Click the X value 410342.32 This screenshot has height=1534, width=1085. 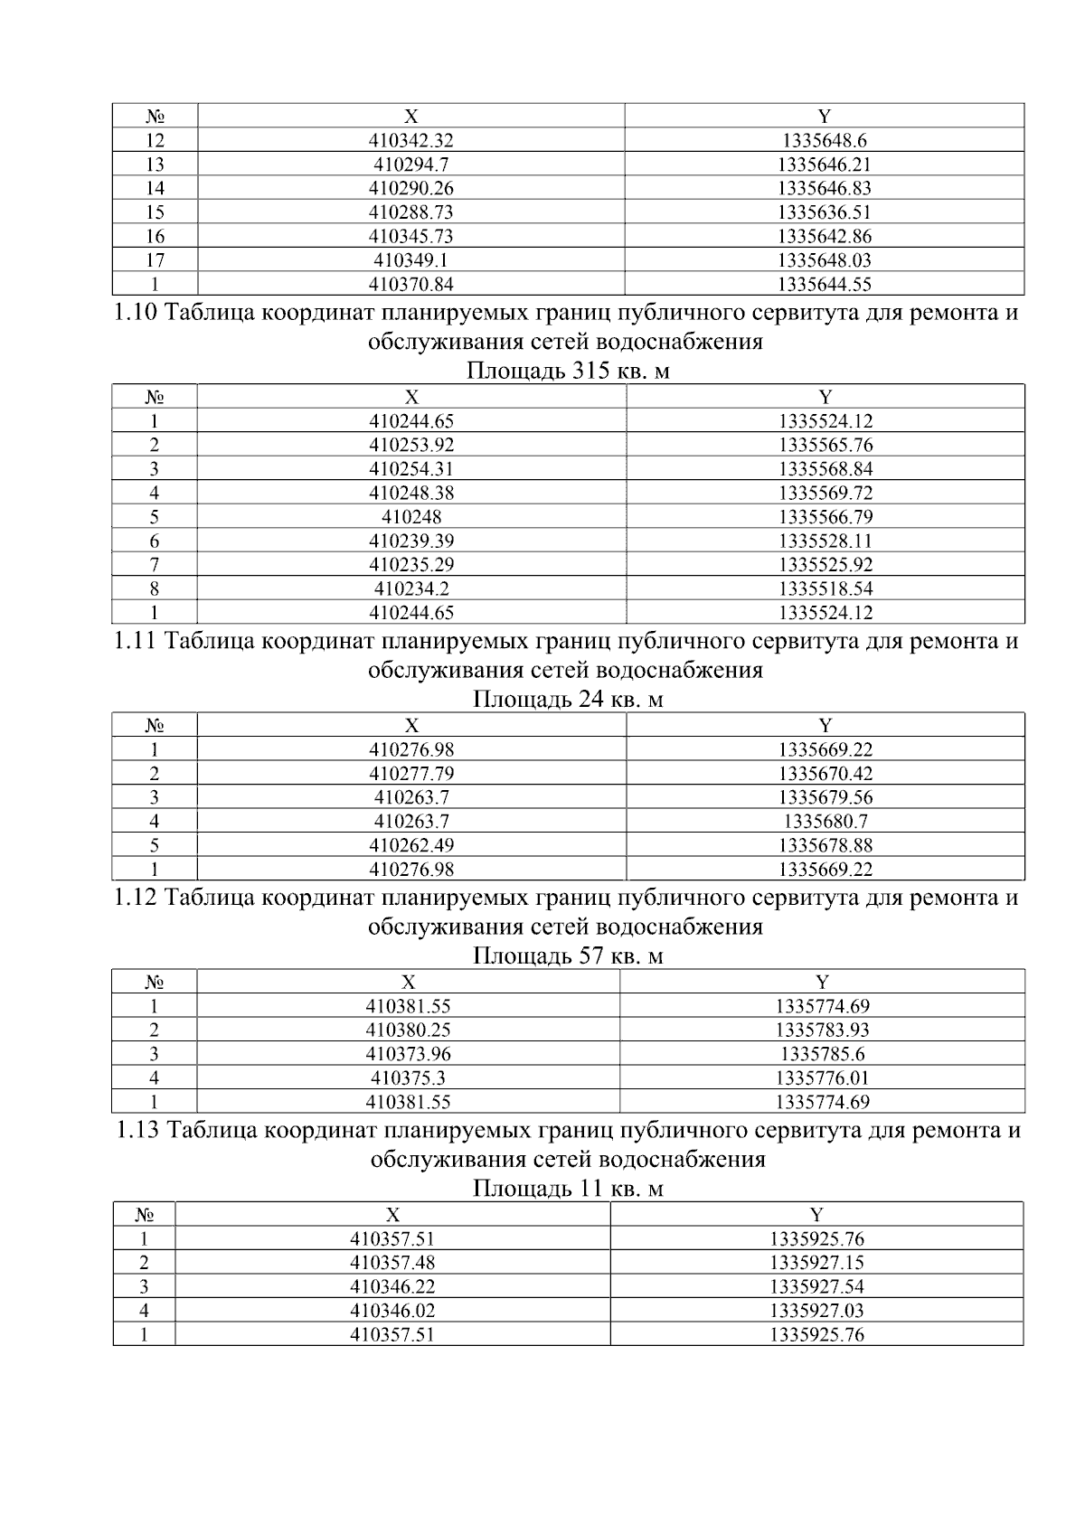pos(410,140)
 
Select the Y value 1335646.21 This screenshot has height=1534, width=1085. pos(824,165)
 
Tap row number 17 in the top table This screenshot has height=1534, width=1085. pos(155,260)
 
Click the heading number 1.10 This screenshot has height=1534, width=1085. pos(137,314)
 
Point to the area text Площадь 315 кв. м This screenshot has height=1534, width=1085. pos(568,372)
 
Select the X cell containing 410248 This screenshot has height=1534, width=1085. pos(410,517)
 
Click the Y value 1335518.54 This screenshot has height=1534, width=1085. pos(824,588)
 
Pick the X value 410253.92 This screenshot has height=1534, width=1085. pos(410,445)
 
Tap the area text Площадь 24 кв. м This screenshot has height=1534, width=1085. pos(568,700)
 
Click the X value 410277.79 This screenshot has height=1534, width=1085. pos(410,774)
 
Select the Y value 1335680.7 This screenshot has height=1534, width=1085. pos(824,822)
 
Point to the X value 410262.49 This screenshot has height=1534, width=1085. pos(410,845)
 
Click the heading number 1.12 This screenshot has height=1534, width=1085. pos(137,898)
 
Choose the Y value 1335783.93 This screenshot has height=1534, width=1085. pos(822,1030)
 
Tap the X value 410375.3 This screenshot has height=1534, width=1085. pos(408,1078)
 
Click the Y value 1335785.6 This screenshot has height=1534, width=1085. pos(822,1054)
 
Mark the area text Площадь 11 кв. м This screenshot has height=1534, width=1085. pos(568,1189)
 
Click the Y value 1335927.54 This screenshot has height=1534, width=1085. pos(816,1286)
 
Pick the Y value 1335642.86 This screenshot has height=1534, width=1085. pos(824,236)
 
